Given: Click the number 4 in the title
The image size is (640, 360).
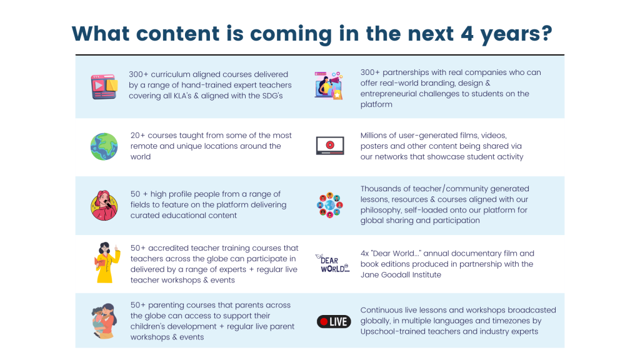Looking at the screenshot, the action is coord(467,34).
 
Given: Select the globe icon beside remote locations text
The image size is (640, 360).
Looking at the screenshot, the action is coord(104,146).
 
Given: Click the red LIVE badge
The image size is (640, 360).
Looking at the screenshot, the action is coord(334,322).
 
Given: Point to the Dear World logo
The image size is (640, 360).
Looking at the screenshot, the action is coord(332,264).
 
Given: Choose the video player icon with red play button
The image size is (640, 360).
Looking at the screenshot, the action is coord(330,146).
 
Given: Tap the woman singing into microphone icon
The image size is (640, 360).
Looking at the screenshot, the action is coord(104,205).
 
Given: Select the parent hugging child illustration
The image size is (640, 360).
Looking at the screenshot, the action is coord(104,321).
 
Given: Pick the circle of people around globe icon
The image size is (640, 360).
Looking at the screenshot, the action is coord(330,205).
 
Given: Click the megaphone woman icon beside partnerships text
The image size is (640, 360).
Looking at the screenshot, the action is coord(329,86).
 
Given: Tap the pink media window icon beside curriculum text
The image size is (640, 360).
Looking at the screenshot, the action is coord(104,86).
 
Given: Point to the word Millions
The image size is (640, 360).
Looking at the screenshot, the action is coord(375,135).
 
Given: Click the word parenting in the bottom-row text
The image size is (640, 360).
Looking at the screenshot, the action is coord(165,305).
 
